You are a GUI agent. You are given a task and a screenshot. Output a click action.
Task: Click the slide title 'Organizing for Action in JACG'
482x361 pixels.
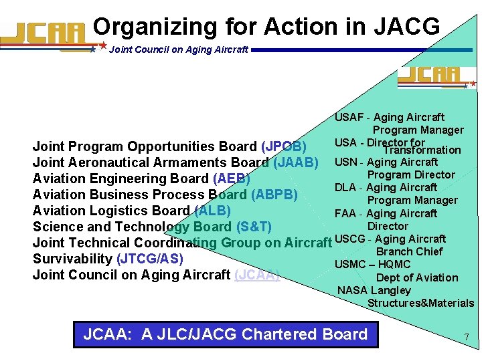click(x=266, y=27)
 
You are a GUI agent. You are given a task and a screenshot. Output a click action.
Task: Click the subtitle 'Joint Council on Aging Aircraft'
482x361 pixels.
click(x=178, y=49)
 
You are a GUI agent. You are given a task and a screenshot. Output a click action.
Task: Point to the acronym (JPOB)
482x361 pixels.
click(x=284, y=146)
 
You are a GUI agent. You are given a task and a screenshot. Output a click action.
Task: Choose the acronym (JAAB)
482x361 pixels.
click(x=295, y=162)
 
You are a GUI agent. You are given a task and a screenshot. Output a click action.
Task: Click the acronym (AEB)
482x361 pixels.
click(x=231, y=178)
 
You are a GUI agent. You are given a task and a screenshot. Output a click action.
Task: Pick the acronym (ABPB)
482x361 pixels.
click(x=274, y=195)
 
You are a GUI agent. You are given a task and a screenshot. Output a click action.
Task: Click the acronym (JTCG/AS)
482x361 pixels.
click(x=149, y=259)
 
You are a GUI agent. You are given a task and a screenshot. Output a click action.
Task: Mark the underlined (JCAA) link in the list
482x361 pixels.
click(x=256, y=275)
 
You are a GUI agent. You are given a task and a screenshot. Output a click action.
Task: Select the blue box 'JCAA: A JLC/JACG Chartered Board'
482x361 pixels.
click(x=225, y=334)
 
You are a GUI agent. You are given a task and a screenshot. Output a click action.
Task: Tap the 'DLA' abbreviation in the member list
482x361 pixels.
click(x=345, y=187)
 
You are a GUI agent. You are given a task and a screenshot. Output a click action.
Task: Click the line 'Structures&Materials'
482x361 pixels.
click(x=420, y=303)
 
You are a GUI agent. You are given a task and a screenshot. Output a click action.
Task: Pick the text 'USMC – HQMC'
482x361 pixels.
click(x=372, y=264)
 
